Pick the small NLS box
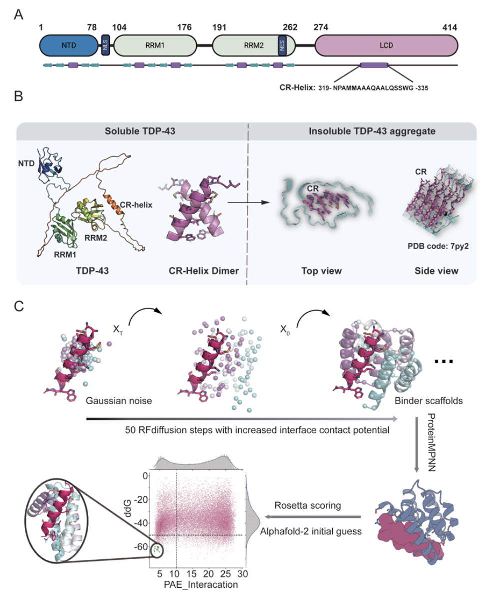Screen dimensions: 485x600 tap(105, 45)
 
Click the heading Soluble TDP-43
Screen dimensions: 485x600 tap(132, 132)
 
